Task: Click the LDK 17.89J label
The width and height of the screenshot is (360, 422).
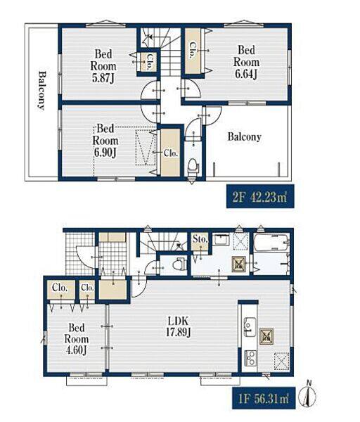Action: click(x=178, y=327)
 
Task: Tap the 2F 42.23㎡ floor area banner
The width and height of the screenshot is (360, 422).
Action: click(x=260, y=197)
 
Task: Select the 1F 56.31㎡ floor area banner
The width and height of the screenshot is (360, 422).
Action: click(x=264, y=398)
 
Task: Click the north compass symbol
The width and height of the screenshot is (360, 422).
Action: click(x=309, y=394)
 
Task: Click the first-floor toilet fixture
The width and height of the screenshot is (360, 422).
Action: click(x=179, y=264)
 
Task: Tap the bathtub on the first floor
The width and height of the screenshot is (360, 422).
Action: click(x=271, y=243)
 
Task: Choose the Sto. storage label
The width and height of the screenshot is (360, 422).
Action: click(x=200, y=239)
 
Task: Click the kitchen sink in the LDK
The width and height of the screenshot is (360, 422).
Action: click(x=250, y=327)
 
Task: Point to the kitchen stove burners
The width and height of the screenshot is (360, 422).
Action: click(x=250, y=358)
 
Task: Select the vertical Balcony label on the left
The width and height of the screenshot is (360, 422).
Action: click(x=41, y=90)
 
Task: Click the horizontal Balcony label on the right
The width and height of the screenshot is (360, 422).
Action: click(x=244, y=136)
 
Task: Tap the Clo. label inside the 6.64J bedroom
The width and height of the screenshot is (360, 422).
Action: click(x=193, y=50)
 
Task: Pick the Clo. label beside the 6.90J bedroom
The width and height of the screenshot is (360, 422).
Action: click(x=171, y=153)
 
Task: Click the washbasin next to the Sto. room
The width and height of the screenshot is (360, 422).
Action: click(x=221, y=240)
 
